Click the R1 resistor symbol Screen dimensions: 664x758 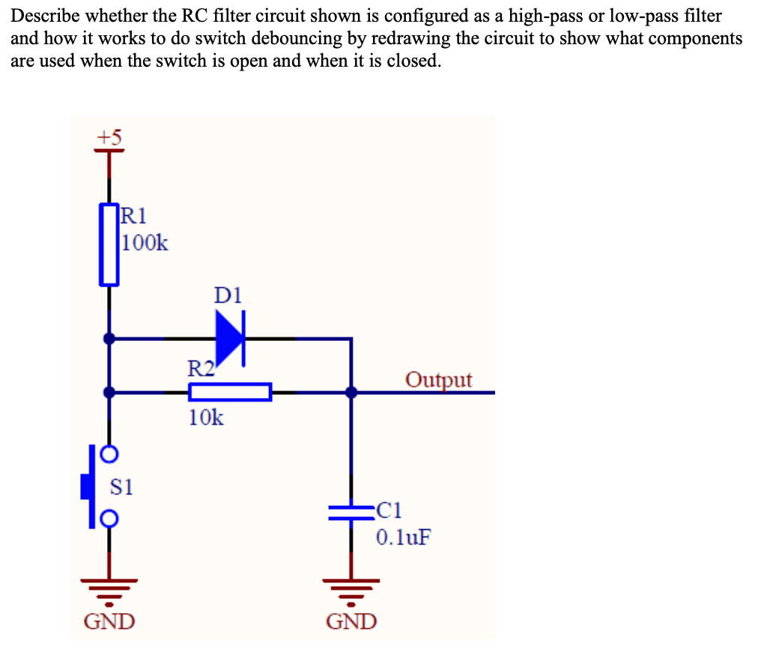[x=110, y=244]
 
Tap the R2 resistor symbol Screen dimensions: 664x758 [x=229, y=392]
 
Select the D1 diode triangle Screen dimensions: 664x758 [x=229, y=339]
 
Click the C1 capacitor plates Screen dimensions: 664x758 [x=351, y=513]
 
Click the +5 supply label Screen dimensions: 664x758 [x=110, y=136]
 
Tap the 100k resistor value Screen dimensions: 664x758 [x=145, y=243]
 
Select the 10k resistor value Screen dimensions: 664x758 [x=205, y=418]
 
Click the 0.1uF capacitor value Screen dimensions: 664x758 [x=404, y=537]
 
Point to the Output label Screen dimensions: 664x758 [x=439, y=379]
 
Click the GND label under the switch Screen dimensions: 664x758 [x=109, y=621]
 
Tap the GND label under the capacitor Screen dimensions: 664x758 [x=352, y=621]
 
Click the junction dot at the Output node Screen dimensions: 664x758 [x=351, y=392]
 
